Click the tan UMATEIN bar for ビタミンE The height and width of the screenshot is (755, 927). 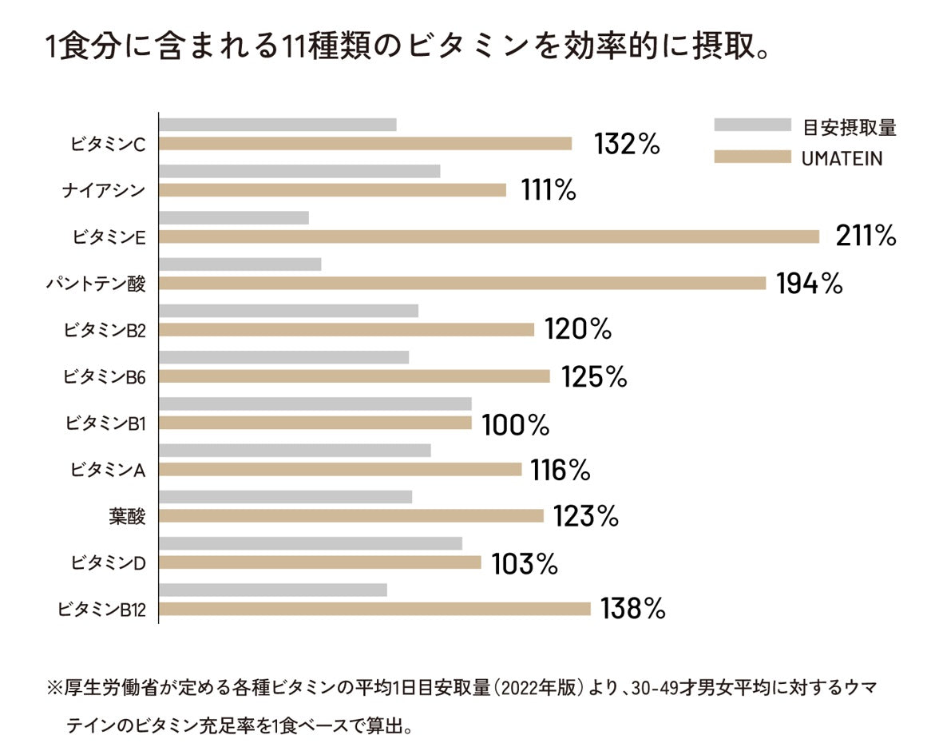[x=489, y=236]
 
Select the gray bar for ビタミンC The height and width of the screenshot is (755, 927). [x=278, y=125]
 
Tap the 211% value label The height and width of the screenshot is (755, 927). [x=866, y=236]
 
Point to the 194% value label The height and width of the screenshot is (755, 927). [x=809, y=283]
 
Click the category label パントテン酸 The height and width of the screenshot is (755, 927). [x=97, y=283]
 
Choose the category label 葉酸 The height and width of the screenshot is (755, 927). [x=128, y=516]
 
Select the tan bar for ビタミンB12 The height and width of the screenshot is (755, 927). [x=374, y=609]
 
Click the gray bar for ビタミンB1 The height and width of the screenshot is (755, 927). [x=315, y=404]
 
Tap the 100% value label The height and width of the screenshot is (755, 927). [x=515, y=424]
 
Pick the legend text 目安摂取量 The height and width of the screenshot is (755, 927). [x=850, y=126]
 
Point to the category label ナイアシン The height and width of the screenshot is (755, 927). [x=104, y=190]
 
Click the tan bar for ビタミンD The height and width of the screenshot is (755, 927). [x=320, y=562]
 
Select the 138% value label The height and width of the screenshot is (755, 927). [x=632, y=609]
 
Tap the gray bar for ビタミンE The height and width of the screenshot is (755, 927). [x=234, y=218]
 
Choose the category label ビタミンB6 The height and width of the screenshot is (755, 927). [x=105, y=376]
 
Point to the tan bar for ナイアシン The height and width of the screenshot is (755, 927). [x=332, y=190]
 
